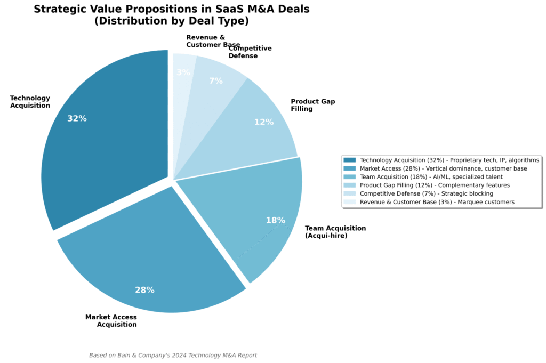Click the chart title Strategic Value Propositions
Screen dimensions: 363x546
[171, 9]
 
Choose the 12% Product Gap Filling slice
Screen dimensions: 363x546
[256, 128]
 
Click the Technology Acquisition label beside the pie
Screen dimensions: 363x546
[30, 102]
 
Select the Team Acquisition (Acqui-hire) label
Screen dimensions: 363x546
[335, 232]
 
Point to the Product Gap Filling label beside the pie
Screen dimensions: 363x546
[313, 105]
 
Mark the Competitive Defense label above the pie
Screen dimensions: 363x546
[250, 52]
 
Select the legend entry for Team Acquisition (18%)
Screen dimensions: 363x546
[431, 177]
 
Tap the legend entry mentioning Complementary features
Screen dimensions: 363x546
[435, 185]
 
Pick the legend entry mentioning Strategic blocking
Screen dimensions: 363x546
[426, 193]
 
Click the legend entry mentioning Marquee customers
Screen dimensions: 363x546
[437, 202]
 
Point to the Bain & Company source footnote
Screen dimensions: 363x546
[173, 355]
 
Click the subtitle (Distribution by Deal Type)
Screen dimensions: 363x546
[171, 21]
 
